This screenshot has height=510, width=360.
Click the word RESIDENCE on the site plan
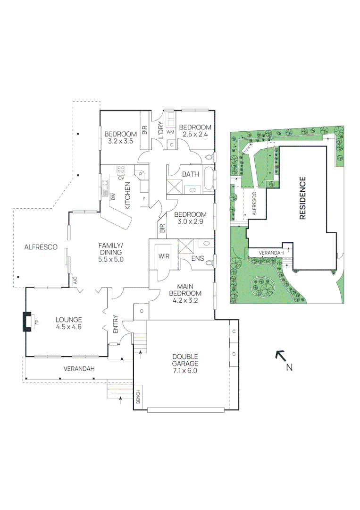[x=303, y=198]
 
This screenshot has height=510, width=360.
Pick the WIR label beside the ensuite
[x=164, y=257]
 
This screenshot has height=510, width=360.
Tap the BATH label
[x=190, y=174]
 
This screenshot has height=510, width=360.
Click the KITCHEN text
[x=127, y=195]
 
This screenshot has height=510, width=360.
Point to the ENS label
[x=197, y=259]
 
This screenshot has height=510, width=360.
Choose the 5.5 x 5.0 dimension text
[x=110, y=259]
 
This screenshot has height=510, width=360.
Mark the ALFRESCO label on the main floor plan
[x=41, y=247]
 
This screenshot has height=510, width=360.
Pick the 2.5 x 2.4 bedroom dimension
[x=195, y=134]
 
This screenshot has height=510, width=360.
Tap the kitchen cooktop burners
[x=121, y=169]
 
